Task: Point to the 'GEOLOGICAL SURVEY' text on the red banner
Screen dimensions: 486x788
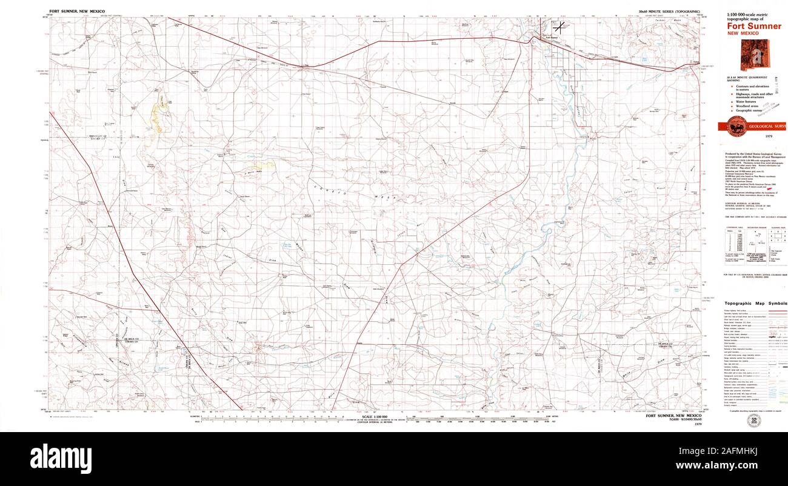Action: point(767,127)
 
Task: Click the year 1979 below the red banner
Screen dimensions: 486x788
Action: point(768,138)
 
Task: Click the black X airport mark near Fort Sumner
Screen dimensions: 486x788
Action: point(559,26)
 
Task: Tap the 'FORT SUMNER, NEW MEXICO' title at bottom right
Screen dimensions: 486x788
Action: point(673,416)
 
